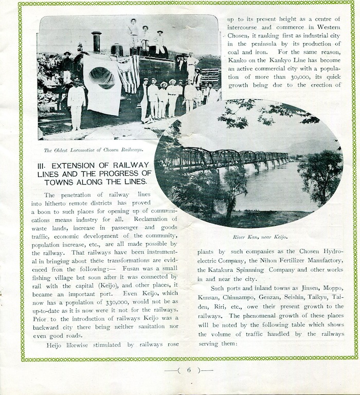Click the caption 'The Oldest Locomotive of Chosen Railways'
93,150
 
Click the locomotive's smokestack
96,41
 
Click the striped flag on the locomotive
129,72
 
